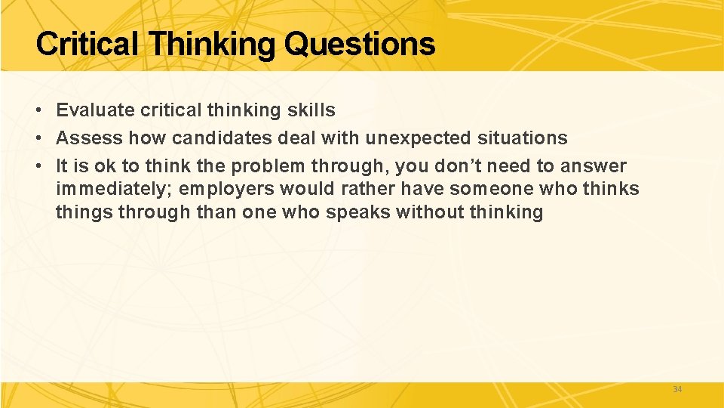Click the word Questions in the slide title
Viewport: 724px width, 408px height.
click(x=360, y=45)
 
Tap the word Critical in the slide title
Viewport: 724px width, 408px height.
click(x=86, y=45)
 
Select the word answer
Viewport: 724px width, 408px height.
click(x=594, y=166)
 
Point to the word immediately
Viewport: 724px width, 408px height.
click(x=112, y=189)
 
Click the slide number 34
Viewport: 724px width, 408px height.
click(x=676, y=389)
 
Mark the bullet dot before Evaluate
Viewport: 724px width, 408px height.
click(x=38, y=111)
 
